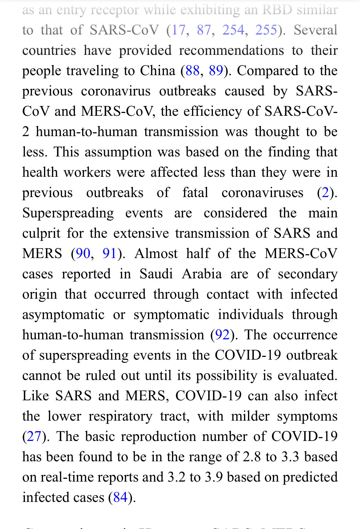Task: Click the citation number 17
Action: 179,30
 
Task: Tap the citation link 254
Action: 233,30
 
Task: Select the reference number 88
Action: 193,71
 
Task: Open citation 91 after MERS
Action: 109,254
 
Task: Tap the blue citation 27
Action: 34,437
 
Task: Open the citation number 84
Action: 120,498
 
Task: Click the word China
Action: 158,71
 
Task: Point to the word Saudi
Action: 156,274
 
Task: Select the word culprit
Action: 41,233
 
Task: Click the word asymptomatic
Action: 63,315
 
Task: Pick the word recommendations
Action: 231,50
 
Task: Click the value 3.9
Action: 214,477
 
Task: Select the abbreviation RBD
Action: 277,10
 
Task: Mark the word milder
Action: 250,416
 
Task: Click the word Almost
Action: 156,254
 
